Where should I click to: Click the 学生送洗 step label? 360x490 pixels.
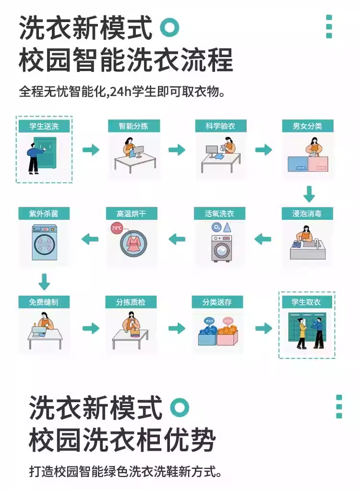tap(44, 126)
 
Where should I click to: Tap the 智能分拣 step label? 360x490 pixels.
tap(133, 126)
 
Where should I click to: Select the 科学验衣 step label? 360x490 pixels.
tap(220, 126)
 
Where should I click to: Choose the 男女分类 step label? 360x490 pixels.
tap(308, 126)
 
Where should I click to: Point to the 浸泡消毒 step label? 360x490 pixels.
tap(308, 213)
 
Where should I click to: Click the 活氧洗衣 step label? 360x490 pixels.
tap(220, 213)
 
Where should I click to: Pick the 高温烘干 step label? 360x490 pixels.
tap(132, 213)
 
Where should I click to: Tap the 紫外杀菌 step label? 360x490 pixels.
tap(44, 213)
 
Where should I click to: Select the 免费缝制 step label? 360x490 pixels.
tap(44, 302)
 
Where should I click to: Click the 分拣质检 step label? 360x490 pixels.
tap(131, 302)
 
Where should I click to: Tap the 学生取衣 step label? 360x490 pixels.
tap(306, 302)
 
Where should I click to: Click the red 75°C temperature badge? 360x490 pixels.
tap(117, 228)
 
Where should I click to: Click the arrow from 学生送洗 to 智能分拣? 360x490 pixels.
tap(91, 150)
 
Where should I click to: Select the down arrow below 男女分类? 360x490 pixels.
tap(309, 194)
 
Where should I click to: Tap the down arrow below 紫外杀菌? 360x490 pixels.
tap(44, 282)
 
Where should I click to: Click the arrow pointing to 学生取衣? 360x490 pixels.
tap(264, 328)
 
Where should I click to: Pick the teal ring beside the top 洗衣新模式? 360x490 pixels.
tap(169, 27)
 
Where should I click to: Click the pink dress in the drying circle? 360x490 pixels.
tap(132, 243)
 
